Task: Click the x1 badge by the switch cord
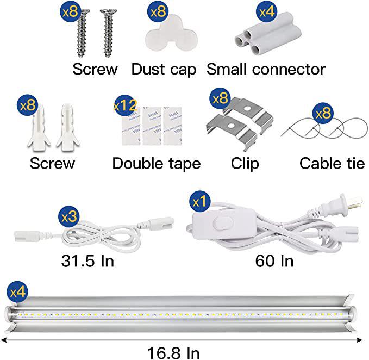(x=199, y=202)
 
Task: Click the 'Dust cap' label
(x=164, y=70)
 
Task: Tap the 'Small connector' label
(x=266, y=70)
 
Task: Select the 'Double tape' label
(x=157, y=163)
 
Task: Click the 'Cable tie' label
(x=332, y=163)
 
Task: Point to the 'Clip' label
(x=245, y=163)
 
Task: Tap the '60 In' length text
(x=274, y=260)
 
